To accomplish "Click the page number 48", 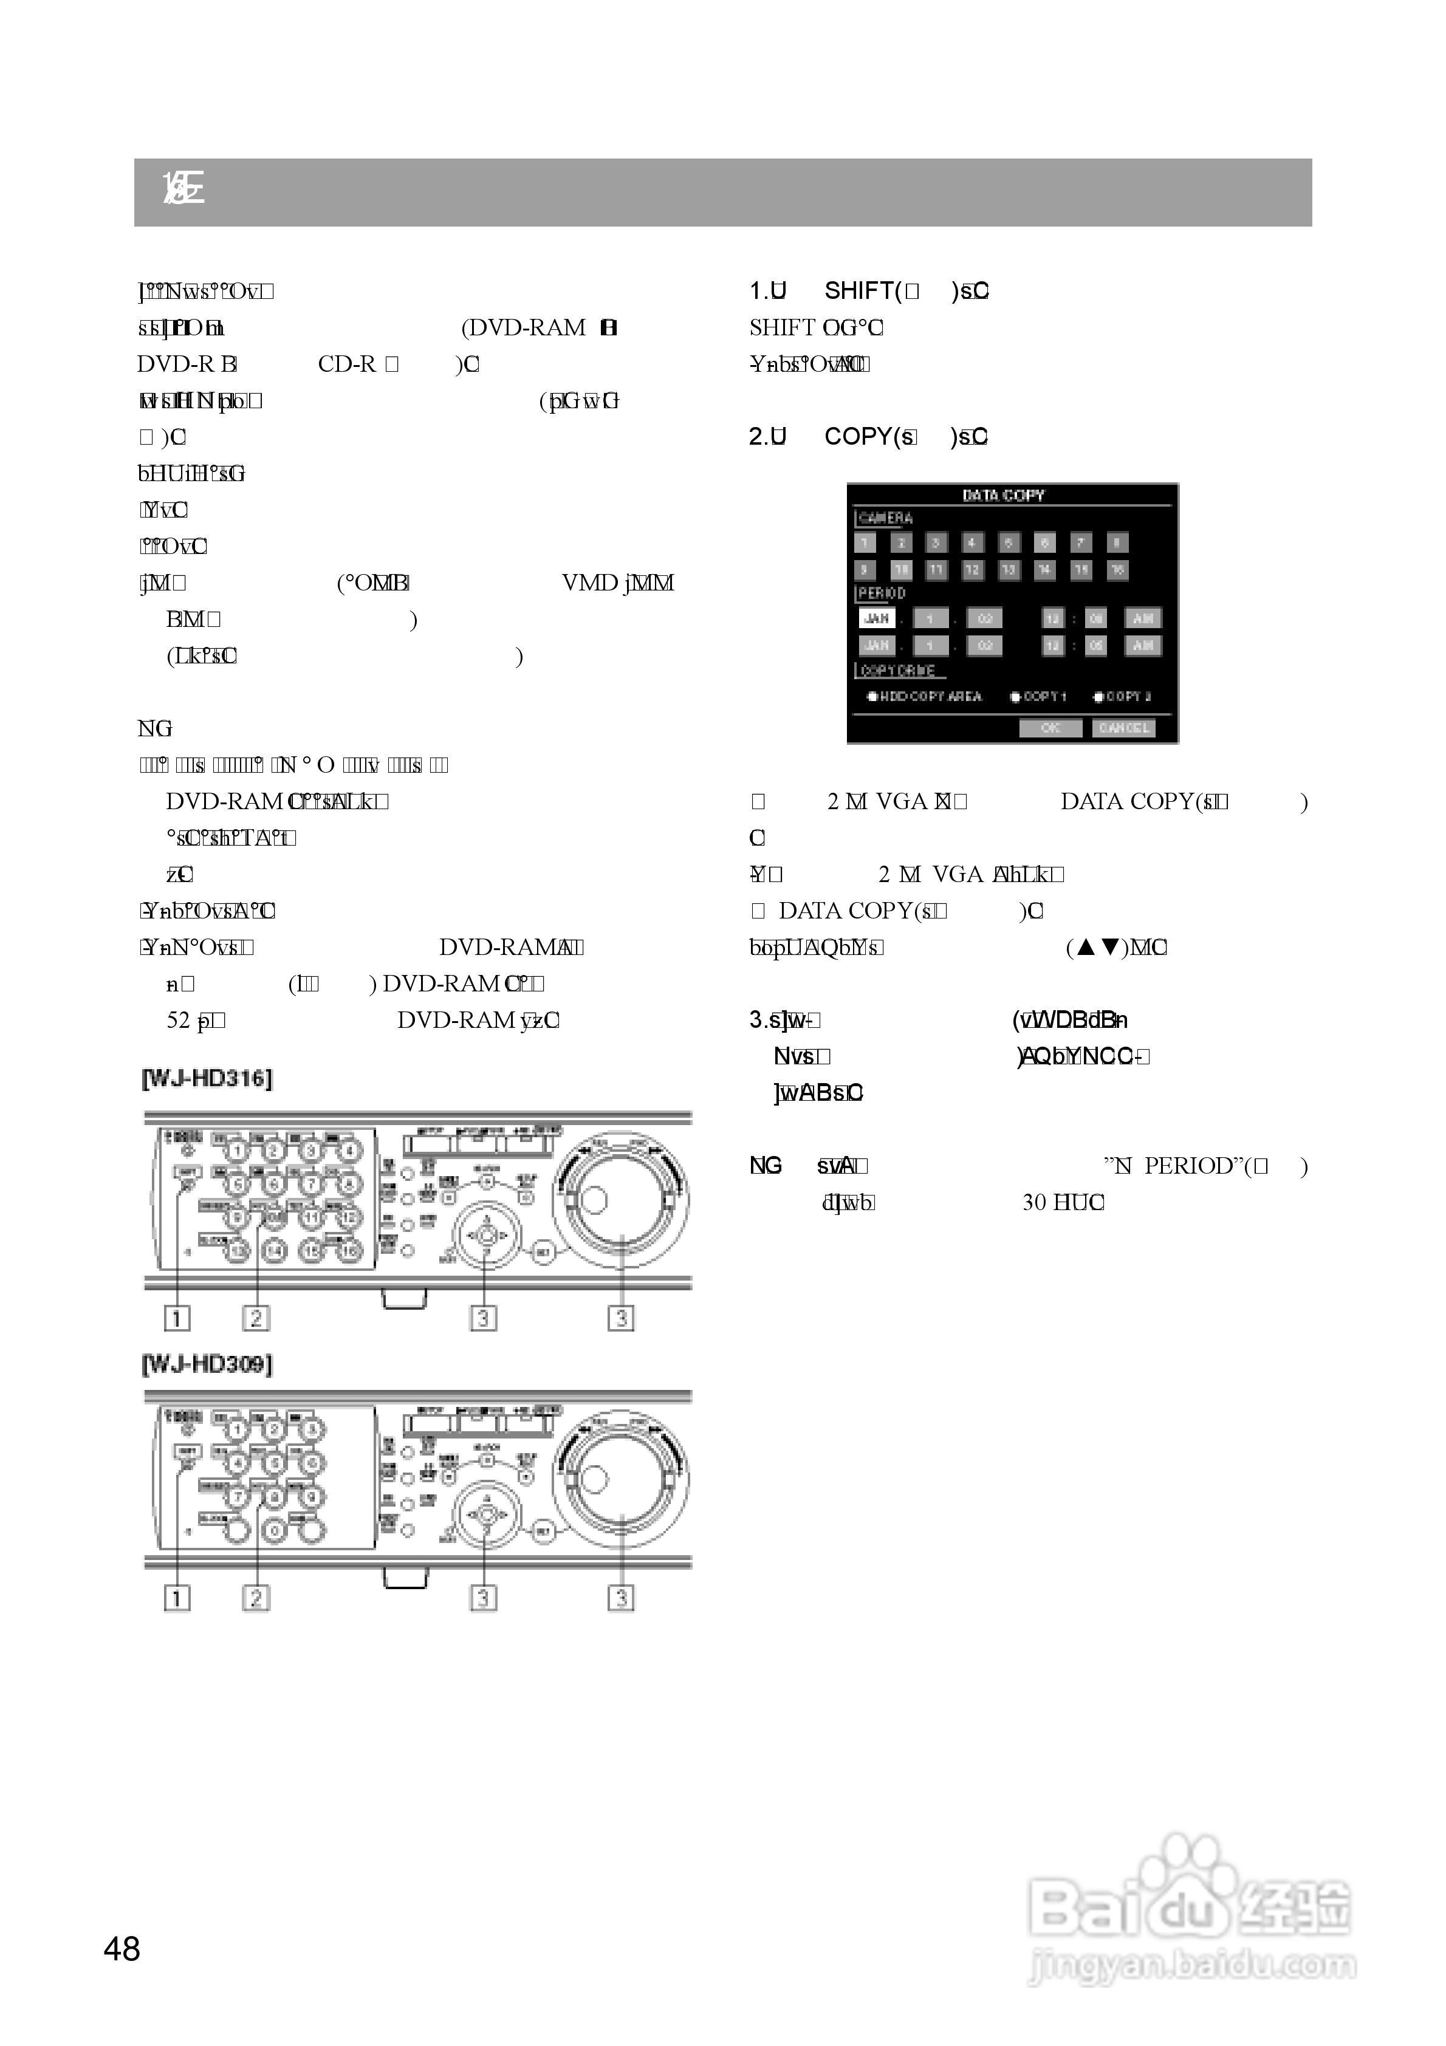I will (x=122, y=1949).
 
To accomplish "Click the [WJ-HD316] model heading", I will (x=207, y=1078).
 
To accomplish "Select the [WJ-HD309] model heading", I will (x=207, y=1364).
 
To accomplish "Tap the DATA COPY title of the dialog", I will (x=1003, y=496).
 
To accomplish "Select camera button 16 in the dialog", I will (x=1117, y=569).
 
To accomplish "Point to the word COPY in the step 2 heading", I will (x=858, y=437).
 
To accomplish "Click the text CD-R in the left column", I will (x=347, y=364).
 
